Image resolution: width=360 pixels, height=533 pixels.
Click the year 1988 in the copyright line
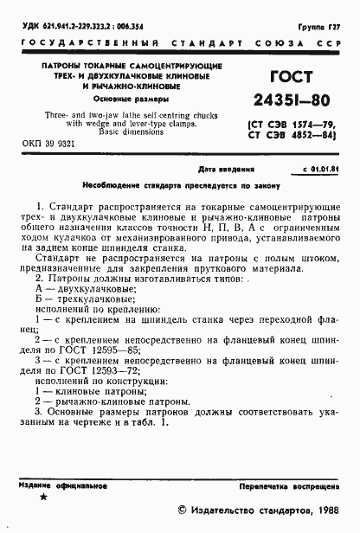tap(323, 511)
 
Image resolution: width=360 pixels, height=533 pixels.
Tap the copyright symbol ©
tap(183, 511)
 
